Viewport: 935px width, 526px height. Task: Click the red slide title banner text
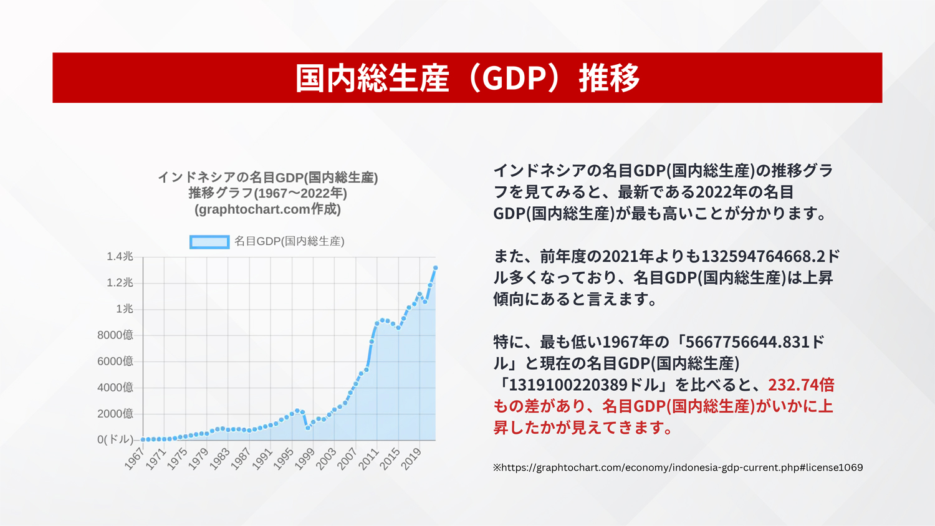click(x=467, y=78)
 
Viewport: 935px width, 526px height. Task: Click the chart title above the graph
click(x=267, y=193)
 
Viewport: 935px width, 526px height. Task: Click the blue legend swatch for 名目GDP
click(x=209, y=242)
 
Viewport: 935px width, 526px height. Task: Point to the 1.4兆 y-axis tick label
click(x=120, y=256)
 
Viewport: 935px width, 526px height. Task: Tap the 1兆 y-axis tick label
click(x=125, y=309)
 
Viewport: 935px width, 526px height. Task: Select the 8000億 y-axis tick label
click(x=115, y=335)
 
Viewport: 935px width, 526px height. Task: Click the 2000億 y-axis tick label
click(x=115, y=414)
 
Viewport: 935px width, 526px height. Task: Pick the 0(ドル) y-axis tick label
click(x=115, y=439)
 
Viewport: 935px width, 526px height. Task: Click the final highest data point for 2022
click(x=435, y=267)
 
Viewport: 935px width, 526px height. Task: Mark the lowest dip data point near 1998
click(x=308, y=428)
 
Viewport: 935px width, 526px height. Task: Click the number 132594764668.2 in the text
click(x=763, y=256)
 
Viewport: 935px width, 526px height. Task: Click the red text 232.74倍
click(x=801, y=385)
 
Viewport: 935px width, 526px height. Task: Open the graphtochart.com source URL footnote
click(x=678, y=467)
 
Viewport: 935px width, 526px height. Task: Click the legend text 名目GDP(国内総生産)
click(x=289, y=241)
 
